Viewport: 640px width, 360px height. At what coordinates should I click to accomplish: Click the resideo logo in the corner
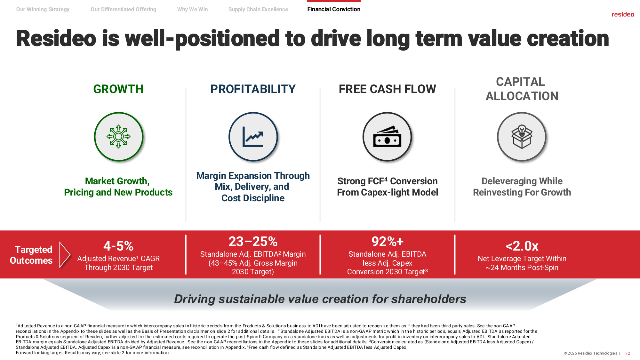coord(623,14)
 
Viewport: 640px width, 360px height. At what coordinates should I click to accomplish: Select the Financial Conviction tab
coord(334,9)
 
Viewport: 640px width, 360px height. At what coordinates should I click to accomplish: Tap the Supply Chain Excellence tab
coord(258,10)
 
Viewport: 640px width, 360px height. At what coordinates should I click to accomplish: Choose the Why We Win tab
coord(192,10)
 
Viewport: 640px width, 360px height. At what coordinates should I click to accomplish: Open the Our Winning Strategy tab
coord(43,10)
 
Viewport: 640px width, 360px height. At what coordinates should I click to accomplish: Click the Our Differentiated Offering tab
coord(124,10)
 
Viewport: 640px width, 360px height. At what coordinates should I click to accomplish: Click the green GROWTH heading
coord(118,89)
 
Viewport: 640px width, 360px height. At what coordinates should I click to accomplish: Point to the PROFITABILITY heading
coord(253,89)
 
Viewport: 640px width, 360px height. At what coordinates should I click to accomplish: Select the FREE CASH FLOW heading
coord(387,89)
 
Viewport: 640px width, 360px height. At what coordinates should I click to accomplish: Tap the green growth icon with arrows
coord(118,137)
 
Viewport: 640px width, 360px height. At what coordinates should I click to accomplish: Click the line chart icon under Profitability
coord(253,137)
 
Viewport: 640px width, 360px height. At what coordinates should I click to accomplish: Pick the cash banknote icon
coord(387,137)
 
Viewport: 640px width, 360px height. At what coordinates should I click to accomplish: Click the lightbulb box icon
coord(522,137)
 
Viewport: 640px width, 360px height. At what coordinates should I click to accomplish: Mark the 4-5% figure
coord(118,246)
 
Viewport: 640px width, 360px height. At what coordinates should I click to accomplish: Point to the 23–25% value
coord(253,242)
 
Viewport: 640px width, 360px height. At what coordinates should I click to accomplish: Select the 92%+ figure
coord(387,242)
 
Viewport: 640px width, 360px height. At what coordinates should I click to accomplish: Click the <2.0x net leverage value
coord(522,246)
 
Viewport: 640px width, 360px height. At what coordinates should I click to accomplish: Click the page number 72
coord(628,353)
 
